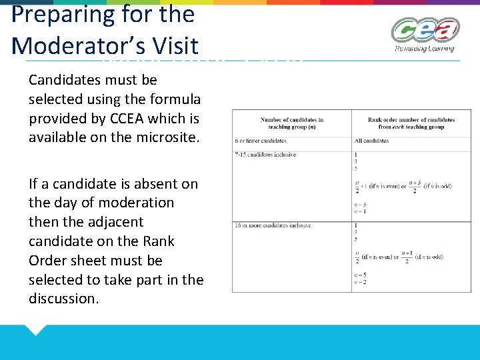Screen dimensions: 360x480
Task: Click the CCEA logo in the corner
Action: click(x=425, y=30)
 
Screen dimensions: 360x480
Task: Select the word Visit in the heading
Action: click(x=175, y=46)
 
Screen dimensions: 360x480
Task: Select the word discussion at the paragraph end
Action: click(x=63, y=299)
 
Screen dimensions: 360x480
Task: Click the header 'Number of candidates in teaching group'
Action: click(x=292, y=123)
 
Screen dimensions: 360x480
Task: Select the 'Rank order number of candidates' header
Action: click(x=411, y=123)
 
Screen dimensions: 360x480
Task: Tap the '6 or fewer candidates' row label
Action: click(x=261, y=141)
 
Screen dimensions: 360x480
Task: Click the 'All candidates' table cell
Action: click(x=372, y=141)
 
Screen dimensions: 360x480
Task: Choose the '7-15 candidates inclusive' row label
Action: click(x=265, y=155)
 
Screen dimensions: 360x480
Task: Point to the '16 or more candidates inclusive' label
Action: click(x=273, y=225)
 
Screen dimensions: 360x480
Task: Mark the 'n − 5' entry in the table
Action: click(x=360, y=275)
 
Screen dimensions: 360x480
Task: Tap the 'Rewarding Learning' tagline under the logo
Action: click(x=424, y=49)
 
